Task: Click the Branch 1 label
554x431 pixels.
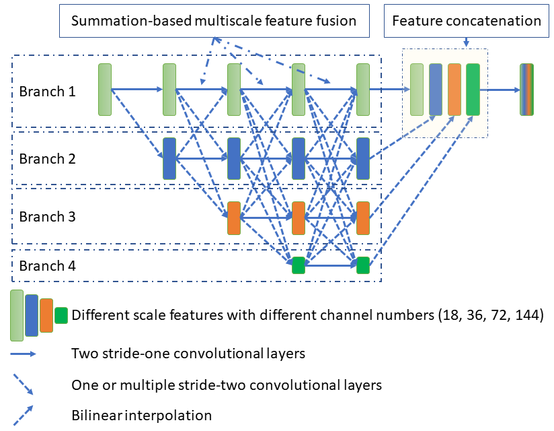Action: click(47, 90)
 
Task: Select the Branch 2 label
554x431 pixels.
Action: click(47, 159)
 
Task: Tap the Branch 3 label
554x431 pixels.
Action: click(47, 217)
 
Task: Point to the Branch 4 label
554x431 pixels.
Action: click(47, 266)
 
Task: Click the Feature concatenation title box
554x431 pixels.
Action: click(466, 20)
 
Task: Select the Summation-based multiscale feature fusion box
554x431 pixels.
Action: click(214, 21)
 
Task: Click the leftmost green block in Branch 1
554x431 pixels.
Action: click(104, 89)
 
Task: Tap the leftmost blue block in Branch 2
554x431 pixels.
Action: click(169, 159)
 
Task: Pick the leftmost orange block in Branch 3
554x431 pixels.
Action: click(234, 218)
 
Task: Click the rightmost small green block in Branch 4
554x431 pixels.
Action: click(363, 265)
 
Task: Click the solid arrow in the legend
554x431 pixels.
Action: click(24, 352)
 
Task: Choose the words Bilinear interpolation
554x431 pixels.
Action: click(141, 416)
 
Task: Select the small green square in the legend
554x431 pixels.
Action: click(61, 314)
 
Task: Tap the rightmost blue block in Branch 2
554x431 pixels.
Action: click(363, 159)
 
